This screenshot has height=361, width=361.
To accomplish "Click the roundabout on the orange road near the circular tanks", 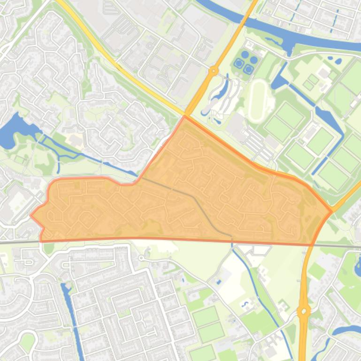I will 214,71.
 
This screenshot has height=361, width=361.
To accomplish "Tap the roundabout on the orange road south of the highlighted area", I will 304,310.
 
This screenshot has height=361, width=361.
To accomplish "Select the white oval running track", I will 257,99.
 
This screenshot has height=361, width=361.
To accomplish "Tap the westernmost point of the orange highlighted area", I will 31,216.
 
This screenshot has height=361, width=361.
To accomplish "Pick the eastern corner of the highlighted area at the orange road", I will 331,211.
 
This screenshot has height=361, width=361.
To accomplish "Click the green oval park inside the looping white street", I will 28,340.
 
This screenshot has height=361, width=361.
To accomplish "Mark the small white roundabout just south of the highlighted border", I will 141,257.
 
